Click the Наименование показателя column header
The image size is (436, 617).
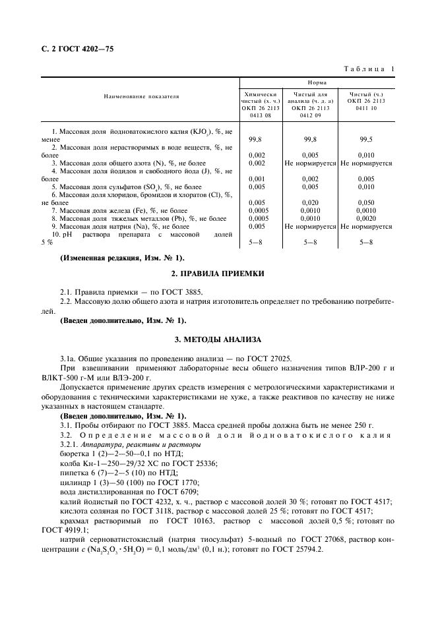pos(140,97)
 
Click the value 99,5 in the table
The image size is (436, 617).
pos(366,140)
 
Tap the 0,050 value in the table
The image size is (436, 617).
pos(366,202)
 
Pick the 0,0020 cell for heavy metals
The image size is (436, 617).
pos(366,218)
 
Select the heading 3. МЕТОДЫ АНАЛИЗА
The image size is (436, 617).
pos(218,339)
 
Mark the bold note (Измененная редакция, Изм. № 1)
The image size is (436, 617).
pos(123,257)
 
